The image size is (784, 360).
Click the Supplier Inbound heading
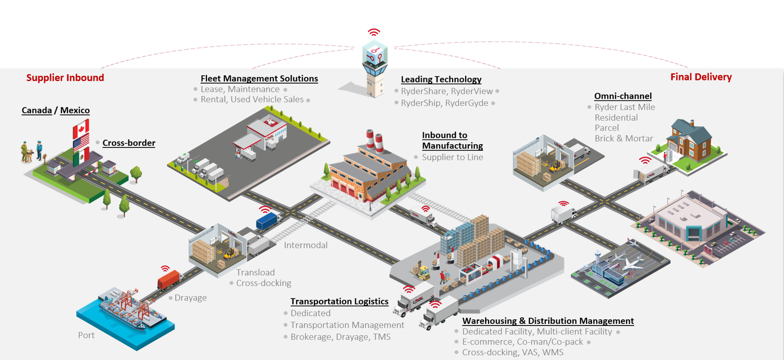click(65, 78)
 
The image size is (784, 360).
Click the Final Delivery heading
click(701, 77)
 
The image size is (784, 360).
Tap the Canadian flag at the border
click(81, 127)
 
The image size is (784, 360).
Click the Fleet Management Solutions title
click(259, 78)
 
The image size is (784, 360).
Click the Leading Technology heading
click(441, 79)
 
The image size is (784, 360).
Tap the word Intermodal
click(306, 245)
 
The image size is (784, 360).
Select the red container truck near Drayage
click(169, 281)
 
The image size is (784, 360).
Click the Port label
click(86, 335)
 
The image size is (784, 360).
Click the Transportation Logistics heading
click(339, 301)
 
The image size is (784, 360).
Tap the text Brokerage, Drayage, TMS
click(340, 337)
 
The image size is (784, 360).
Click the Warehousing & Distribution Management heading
click(548, 321)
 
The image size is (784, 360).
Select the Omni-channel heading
click(622, 96)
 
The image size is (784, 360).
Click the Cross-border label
click(129, 143)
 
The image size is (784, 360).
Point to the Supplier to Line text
click(452, 157)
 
